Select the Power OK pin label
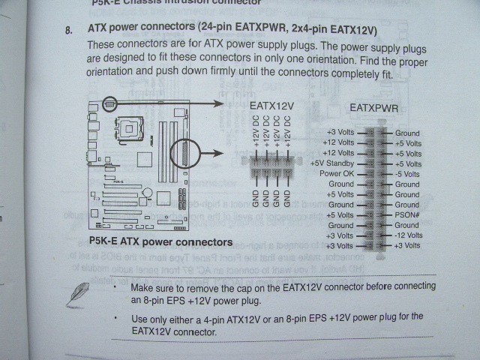pyautogui.click(x=337, y=173)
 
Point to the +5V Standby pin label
pyautogui.click(x=331, y=163)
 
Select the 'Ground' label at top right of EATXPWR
pyautogui.click(x=407, y=133)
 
